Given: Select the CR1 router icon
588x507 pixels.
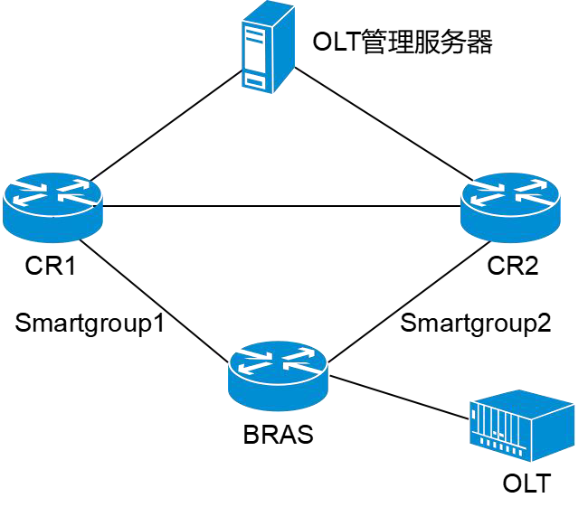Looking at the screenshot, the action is point(52,207).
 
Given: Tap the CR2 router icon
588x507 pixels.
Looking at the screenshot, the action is point(510,207).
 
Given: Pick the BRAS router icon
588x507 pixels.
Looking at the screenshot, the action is point(278,375).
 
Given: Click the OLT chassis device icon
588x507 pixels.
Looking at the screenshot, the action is point(522,426).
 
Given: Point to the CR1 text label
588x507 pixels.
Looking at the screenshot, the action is point(51,266).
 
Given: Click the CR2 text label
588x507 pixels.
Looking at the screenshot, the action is point(513,266).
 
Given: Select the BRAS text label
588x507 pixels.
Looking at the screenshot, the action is point(279,435).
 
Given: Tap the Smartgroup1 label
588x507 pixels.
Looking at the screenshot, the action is point(90,323).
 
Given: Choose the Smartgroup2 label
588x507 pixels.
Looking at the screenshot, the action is point(476,323).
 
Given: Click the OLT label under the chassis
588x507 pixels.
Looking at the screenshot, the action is point(526,484).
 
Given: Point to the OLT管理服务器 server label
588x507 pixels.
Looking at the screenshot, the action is point(403,42).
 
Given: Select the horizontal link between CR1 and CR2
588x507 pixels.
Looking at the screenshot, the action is point(281,206).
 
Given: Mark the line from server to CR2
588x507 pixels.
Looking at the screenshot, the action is point(384,124).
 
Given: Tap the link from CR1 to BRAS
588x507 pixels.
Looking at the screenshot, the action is point(154,301).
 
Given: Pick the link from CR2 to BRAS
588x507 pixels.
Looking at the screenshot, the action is point(409,302).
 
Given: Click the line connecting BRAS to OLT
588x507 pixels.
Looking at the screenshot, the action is point(399,397).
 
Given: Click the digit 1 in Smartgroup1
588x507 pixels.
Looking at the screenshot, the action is point(159,323).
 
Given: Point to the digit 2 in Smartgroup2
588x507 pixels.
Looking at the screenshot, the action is point(544,323).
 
